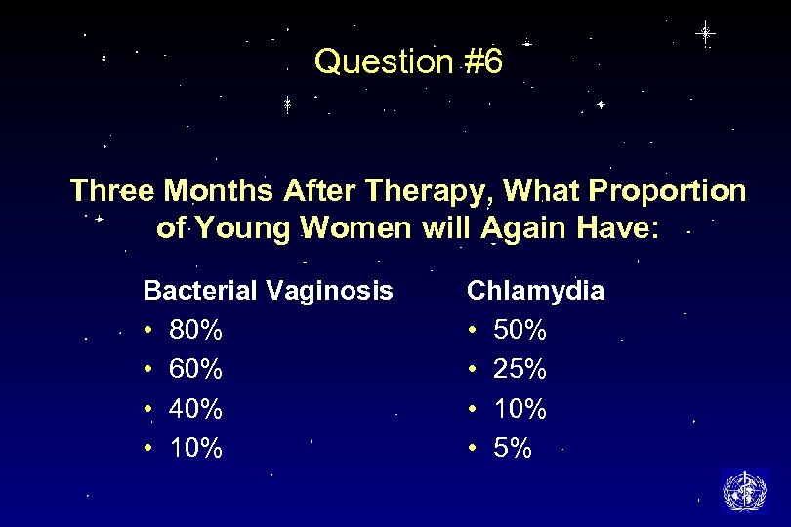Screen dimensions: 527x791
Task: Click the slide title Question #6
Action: pos(408,62)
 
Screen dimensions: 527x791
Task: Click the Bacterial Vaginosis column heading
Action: pos(268,290)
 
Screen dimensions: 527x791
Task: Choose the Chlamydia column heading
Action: pos(535,290)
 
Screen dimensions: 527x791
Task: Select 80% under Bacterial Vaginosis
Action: pos(195,330)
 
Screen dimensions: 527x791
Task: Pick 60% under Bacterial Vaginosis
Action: pos(195,370)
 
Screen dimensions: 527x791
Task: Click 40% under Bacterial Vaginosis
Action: pos(195,409)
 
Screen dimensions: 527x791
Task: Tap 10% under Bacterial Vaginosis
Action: pos(195,449)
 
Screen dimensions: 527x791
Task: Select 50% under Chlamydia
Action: pos(520,330)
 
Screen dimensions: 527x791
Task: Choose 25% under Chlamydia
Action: pos(520,370)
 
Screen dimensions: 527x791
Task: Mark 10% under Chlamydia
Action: pos(520,409)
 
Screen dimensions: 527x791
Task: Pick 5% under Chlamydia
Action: pos(513,449)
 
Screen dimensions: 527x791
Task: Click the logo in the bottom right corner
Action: pos(743,491)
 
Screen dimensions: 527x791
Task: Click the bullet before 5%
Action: pos(473,449)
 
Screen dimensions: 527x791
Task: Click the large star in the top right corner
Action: pos(705,33)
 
